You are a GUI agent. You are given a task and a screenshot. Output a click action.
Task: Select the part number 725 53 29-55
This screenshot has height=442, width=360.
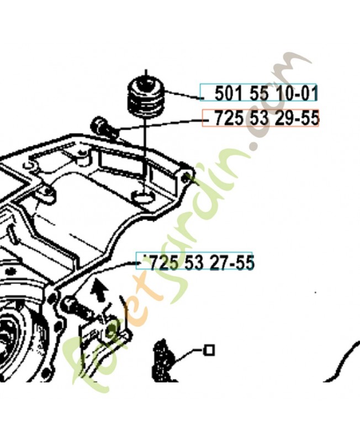(261, 118)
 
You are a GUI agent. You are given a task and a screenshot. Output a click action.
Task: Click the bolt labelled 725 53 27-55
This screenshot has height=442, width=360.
(75, 303)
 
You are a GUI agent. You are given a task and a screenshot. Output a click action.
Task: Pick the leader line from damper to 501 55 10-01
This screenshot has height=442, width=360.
(182, 95)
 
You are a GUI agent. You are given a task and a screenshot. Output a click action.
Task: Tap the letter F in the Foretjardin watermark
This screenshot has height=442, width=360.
(77, 359)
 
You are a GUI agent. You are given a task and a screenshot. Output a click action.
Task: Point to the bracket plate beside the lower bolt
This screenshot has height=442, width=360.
(102, 329)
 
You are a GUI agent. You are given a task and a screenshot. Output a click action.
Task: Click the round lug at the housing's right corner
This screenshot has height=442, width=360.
(187, 177)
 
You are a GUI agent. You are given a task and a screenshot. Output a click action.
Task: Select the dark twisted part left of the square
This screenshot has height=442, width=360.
(162, 359)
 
